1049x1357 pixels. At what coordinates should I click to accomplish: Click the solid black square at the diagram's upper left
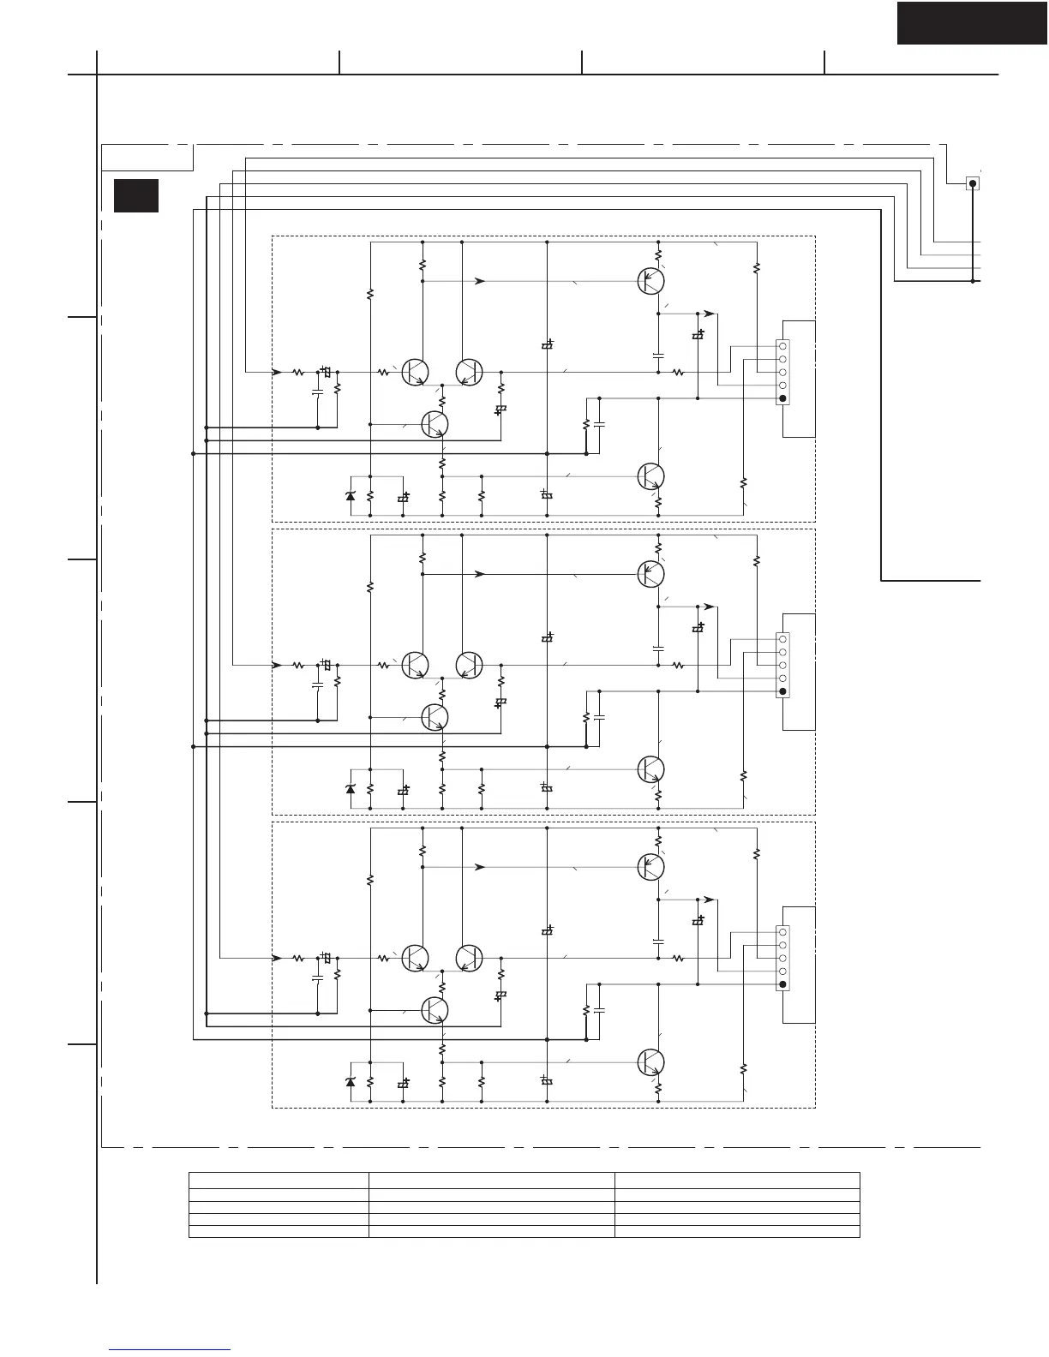pyautogui.click(x=136, y=195)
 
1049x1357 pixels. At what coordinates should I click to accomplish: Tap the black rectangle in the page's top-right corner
pyautogui.click(x=972, y=22)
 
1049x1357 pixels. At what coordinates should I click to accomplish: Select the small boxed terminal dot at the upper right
pyautogui.click(x=973, y=183)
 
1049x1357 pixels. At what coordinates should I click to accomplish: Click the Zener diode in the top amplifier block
pyautogui.click(x=350, y=496)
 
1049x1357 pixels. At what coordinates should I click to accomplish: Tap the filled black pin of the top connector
pyautogui.click(x=782, y=399)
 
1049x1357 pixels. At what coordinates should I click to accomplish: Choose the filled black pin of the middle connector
pyautogui.click(x=782, y=691)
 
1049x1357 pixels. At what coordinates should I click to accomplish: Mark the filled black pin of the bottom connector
pyautogui.click(x=782, y=985)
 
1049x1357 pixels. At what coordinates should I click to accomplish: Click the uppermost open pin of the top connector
pyautogui.click(x=782, y=345)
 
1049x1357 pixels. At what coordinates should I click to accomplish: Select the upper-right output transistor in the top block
pyautogui.click(x=651, y=280)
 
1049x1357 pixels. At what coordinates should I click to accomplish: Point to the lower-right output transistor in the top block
pyautogui.click(x=651, y=475)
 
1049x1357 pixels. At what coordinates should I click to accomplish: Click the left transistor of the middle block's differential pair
pyautogui.click(x=416, y=665)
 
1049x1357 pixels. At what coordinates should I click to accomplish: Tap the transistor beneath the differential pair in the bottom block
pyautogui.click(x=435, y=1010)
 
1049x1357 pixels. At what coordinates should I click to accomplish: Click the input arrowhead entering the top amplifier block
pyautogui.click(x=277, y=372)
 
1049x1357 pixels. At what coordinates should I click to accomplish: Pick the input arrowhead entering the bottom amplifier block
pyautogui.click(x=277, y=958)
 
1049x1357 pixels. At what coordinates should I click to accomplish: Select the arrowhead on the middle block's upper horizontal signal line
pyautogui.click(x=481, y=574)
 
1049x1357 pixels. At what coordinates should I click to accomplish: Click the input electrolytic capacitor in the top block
pyautogui.click(x=326, y=373)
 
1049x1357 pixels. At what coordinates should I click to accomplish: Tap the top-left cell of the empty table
pyautogui.click(x=279, y=1180)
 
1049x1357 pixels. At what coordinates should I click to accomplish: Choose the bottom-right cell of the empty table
pyautogui.click(x=737, y=1231)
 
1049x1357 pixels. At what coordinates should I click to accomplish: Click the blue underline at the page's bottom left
pyautogui.click(x=170, y=1349)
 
